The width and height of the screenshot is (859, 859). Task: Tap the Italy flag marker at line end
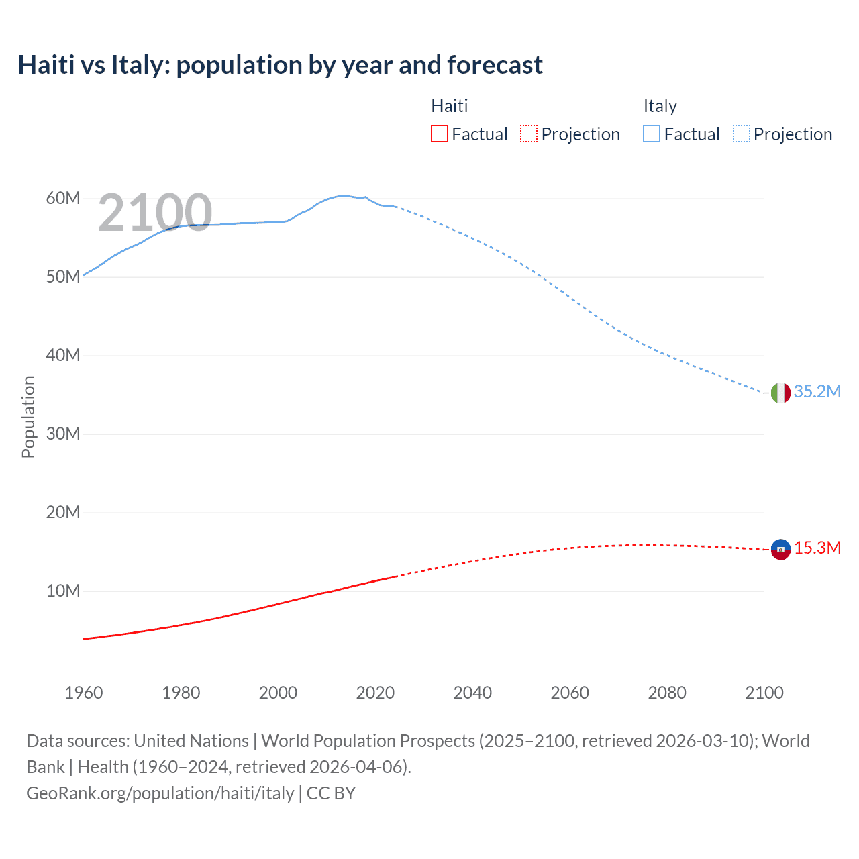click(x=780, y=393)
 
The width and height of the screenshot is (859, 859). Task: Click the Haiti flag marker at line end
click(x=780, y=549)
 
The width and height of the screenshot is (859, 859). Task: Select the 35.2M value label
click(x=817, y=391)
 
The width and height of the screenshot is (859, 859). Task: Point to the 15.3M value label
click(x=817, y=548)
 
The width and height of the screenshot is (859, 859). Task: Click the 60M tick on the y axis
click(x=63, y=198)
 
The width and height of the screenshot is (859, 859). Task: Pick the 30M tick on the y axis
click(x=63, y=434)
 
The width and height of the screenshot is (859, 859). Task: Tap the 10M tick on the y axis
click(x=63, y=591)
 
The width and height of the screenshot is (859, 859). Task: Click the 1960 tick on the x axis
click(x=84, y=693)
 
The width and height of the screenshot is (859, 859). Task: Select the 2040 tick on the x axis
click(x=472, y=693)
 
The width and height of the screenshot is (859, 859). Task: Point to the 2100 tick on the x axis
click(x=764, y=693)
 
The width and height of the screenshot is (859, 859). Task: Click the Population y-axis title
click(x=28, y=417)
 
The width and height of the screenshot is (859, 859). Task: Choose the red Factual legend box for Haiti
click(x=440, y=134)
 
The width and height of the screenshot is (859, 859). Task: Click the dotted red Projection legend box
click(x=529, y=134)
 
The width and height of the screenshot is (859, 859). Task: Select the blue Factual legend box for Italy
click(x=652, y=134)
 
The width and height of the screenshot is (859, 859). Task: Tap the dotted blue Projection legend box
click(x=742, y=134)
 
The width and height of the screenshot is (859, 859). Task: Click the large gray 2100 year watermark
click(x=155, y=213)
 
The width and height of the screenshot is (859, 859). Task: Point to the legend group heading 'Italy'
click(x=660, y=106)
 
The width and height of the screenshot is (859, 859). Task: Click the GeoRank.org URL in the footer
click(x=160, y=793)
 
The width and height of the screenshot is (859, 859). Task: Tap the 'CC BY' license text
click(x=331, y=793)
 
